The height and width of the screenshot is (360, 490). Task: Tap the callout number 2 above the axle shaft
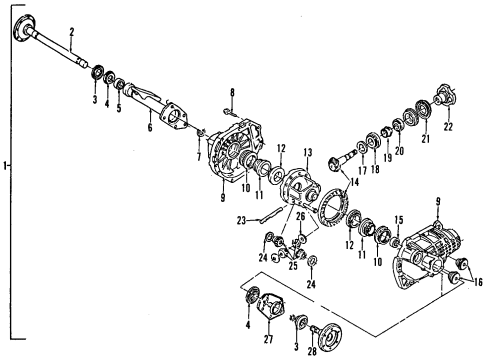(72, 33)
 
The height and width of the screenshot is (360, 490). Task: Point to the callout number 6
(149, 127)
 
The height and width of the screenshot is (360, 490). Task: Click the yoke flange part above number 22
(441, 100)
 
